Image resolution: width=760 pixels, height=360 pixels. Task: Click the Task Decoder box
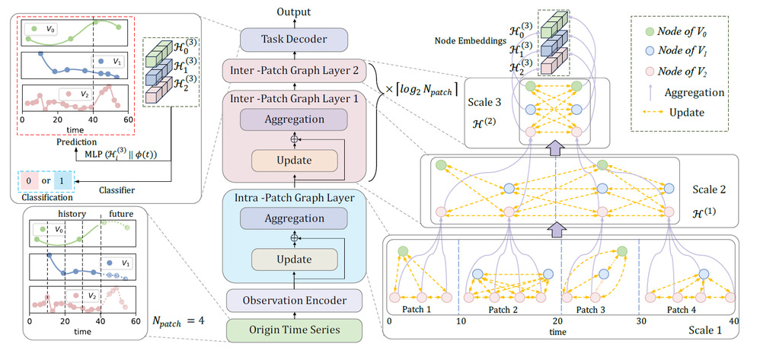294,40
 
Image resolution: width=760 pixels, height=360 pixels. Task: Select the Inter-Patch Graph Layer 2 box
294,73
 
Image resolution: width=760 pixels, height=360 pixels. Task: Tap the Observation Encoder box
294,301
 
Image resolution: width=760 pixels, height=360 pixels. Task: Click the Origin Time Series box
294,330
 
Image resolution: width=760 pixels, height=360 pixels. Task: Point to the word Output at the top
294,11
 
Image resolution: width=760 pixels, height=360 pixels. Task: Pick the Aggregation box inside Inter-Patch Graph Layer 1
294,120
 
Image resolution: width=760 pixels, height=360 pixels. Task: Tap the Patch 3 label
593,311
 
